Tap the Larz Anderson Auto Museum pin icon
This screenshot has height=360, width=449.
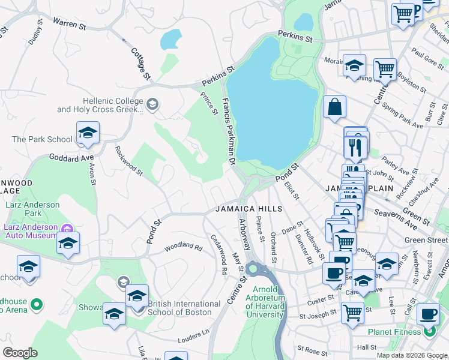(x=68, y=228)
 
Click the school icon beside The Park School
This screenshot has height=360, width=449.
(x=88, y=134)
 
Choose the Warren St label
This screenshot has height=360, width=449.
(x=70, y=22)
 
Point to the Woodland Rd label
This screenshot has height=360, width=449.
(x=184, y=245)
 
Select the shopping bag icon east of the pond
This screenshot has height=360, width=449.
(x=334, y=107)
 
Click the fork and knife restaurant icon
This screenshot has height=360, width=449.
(x=355, y=147)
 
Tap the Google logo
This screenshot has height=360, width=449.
(x=20, y=353)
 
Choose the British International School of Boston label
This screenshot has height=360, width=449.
(x=179, y=308)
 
